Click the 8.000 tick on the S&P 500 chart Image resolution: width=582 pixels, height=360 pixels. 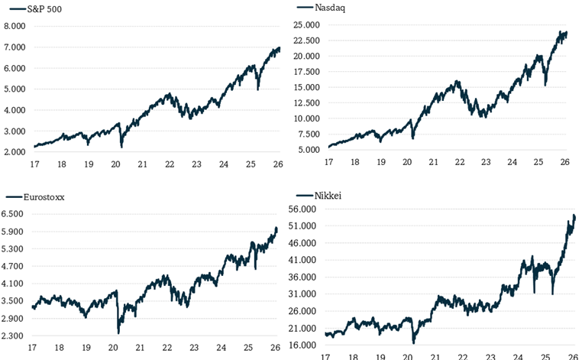[15, 26]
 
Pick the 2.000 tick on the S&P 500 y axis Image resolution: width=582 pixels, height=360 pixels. [15, 151]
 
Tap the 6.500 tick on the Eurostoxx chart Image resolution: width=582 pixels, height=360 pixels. [15, 215]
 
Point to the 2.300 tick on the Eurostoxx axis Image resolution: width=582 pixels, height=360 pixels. [15, 336]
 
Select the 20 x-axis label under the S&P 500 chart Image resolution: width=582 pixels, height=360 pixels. [116, 164]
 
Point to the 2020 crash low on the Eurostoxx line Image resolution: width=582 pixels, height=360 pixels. [118, 332]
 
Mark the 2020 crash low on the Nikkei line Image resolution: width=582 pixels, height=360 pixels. [413, 342]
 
